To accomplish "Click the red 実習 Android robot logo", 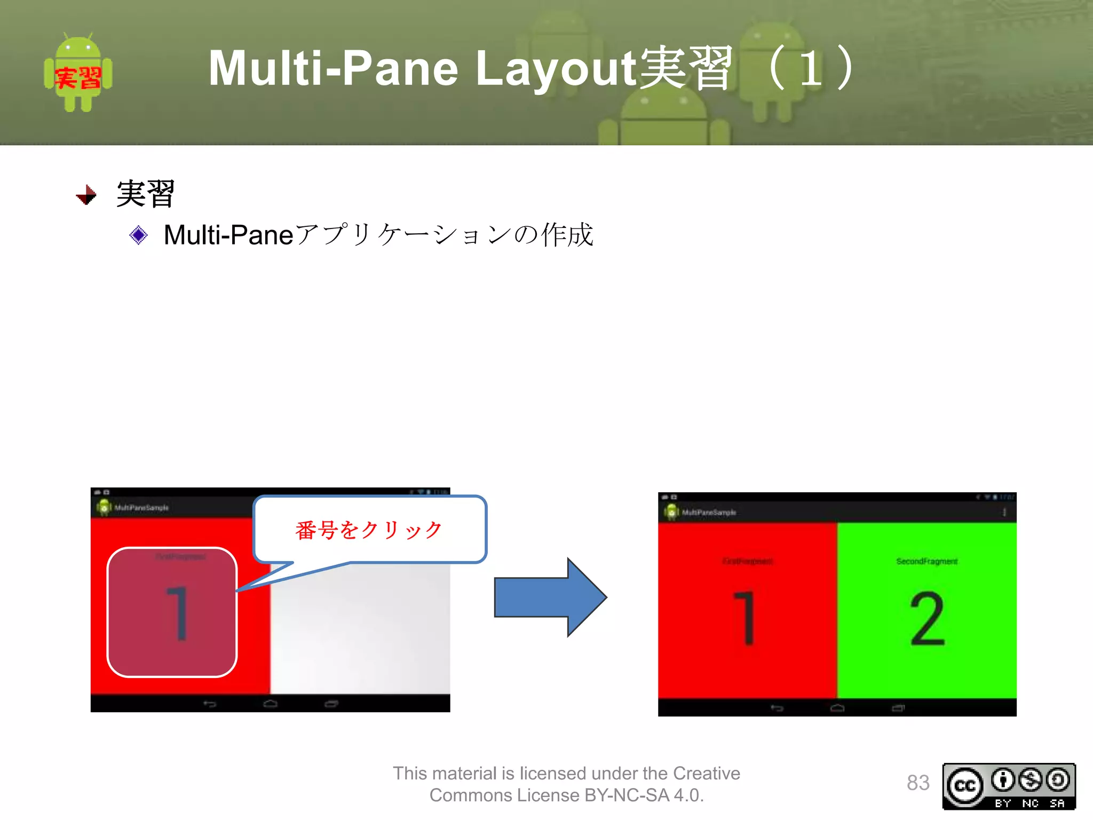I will [x=78, y=73].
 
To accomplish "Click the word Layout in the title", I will [x=555, y=68].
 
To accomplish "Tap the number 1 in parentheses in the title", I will [x=811, y=68].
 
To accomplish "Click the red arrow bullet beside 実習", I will [x=86, y=195].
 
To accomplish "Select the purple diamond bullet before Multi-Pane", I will [x=138, y=235].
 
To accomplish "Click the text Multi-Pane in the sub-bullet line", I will [x=228, y=235].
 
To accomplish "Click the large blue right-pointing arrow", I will [x=550, y=597].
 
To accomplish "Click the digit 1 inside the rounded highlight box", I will [x=178, y=613].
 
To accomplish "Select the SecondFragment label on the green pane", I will [x=927, y=561].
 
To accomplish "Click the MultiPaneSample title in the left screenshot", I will [x=141, y=508].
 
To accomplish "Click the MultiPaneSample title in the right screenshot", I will [x=709, y=512].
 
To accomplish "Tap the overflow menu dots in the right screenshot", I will [x=1004, y=512].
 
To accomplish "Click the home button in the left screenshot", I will [x=270, y=704].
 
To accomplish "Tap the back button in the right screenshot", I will [x=777, y=708].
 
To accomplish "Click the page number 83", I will [x=918, y=783].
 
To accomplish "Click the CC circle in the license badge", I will [x=965, y=786].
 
